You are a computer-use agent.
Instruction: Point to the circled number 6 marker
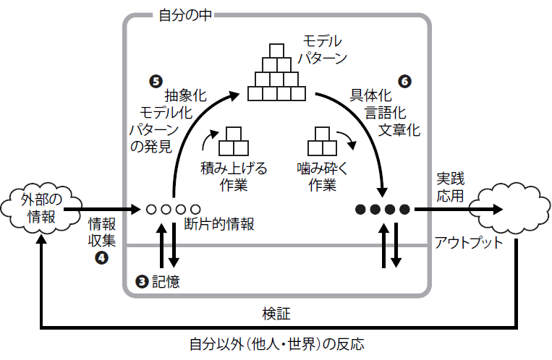click(404, 81)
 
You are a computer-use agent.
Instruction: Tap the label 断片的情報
click(219, 225)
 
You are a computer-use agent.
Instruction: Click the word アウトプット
click(468, 241)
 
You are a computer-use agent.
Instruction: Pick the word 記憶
click(166, 280)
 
